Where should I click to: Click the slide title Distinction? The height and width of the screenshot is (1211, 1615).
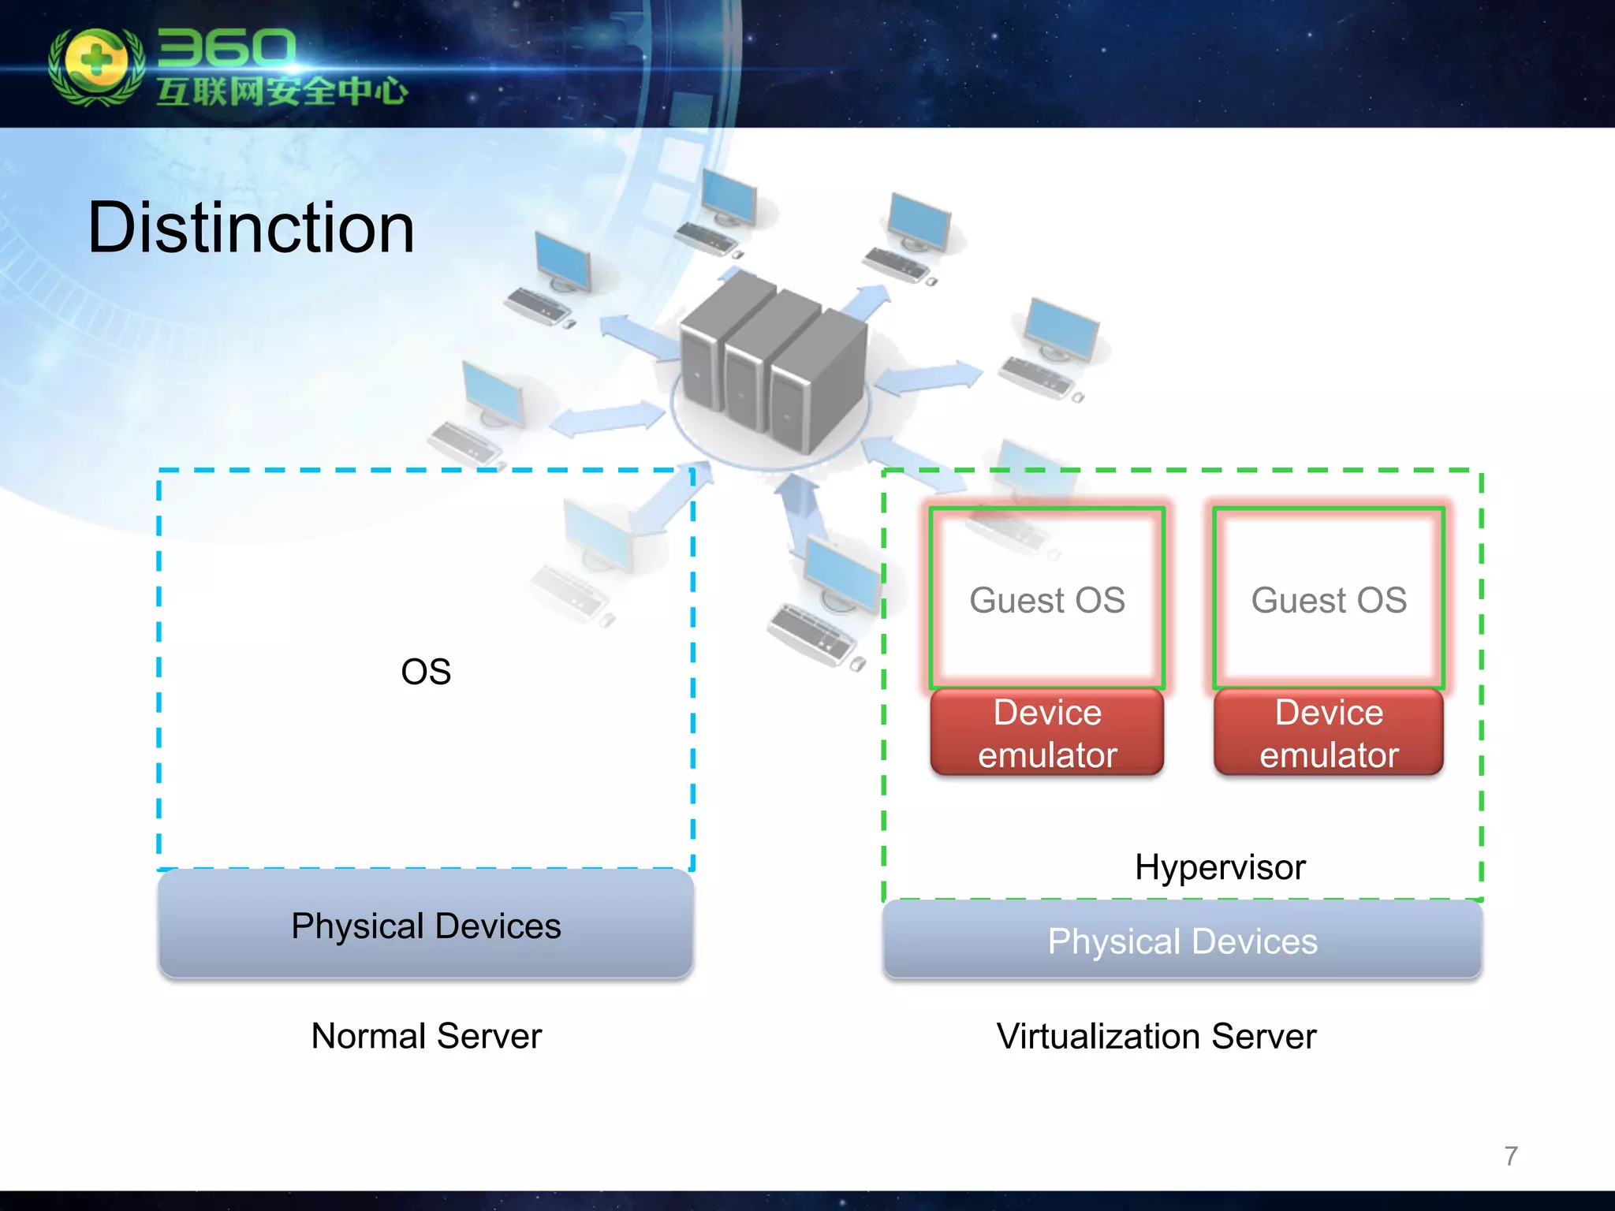point(251,228)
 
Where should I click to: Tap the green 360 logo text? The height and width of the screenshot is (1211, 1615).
point(226,49)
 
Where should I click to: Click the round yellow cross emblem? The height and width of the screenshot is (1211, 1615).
point(96,63)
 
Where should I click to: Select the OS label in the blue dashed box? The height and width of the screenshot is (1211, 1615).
point(426,672)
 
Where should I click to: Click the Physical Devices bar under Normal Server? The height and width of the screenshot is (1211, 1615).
point(426,925)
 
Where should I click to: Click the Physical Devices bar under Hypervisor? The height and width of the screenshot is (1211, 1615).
point(1182,941)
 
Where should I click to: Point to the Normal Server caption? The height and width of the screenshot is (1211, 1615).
point(426,1036)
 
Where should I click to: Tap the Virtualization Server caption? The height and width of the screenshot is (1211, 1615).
point(1156,1036)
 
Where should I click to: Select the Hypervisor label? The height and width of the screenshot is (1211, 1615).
point(1220,867)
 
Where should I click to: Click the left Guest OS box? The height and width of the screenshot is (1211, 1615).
point(1047,600)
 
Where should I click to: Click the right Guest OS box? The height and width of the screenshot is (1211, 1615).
point(1329,600)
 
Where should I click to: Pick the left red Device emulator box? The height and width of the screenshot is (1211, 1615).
point(1047,733)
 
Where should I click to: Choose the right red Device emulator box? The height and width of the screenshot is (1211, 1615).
point(1329,733)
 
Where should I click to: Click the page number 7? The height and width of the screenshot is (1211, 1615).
point(1511,1156)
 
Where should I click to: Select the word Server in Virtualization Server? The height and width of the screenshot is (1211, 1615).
point(1263,1036)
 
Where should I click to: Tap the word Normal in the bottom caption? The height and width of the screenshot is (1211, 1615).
point(368,1036)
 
